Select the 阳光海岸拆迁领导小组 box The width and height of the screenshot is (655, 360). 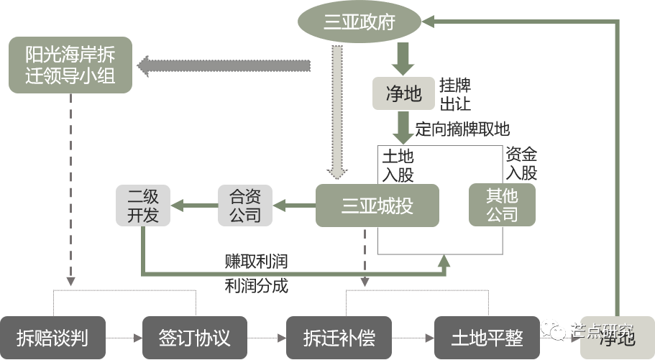click(x=70, y=65)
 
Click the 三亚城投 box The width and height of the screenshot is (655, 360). click(x=377, y=206)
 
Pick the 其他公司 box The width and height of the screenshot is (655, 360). click(x=502, y=205)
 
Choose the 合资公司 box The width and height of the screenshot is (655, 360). click(x=245, y=205)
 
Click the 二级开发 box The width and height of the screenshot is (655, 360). click(x=144, y=205)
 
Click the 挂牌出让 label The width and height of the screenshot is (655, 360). click(x=455, y=95)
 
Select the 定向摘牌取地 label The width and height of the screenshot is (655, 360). click(x=462, y=129)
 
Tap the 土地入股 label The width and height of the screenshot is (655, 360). click(x=398, y=165)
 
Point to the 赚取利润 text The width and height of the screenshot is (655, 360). click(x=256, y=260)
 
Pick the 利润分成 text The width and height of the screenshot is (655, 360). click(x=256, y=285)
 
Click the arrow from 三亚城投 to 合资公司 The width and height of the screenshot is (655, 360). click(x=295, y=206)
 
